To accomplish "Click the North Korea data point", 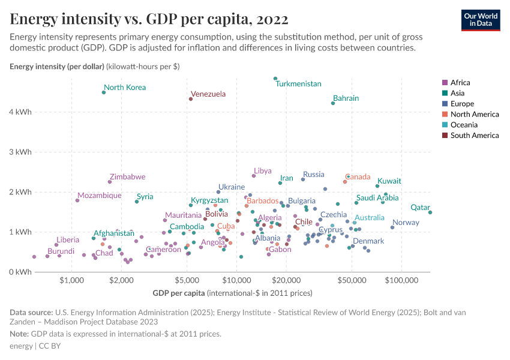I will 104,92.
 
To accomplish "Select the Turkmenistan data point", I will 275,79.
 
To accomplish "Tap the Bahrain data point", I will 333,103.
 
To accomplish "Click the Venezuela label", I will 208,94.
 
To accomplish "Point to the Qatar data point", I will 430,212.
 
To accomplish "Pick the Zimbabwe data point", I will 110,182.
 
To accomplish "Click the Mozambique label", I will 100,196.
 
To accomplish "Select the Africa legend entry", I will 460,83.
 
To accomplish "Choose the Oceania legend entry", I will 464,125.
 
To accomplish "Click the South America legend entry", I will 474,136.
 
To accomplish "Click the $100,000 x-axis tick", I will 401,280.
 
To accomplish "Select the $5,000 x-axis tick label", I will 187,280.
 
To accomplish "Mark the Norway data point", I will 392,227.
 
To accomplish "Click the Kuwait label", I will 389,181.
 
